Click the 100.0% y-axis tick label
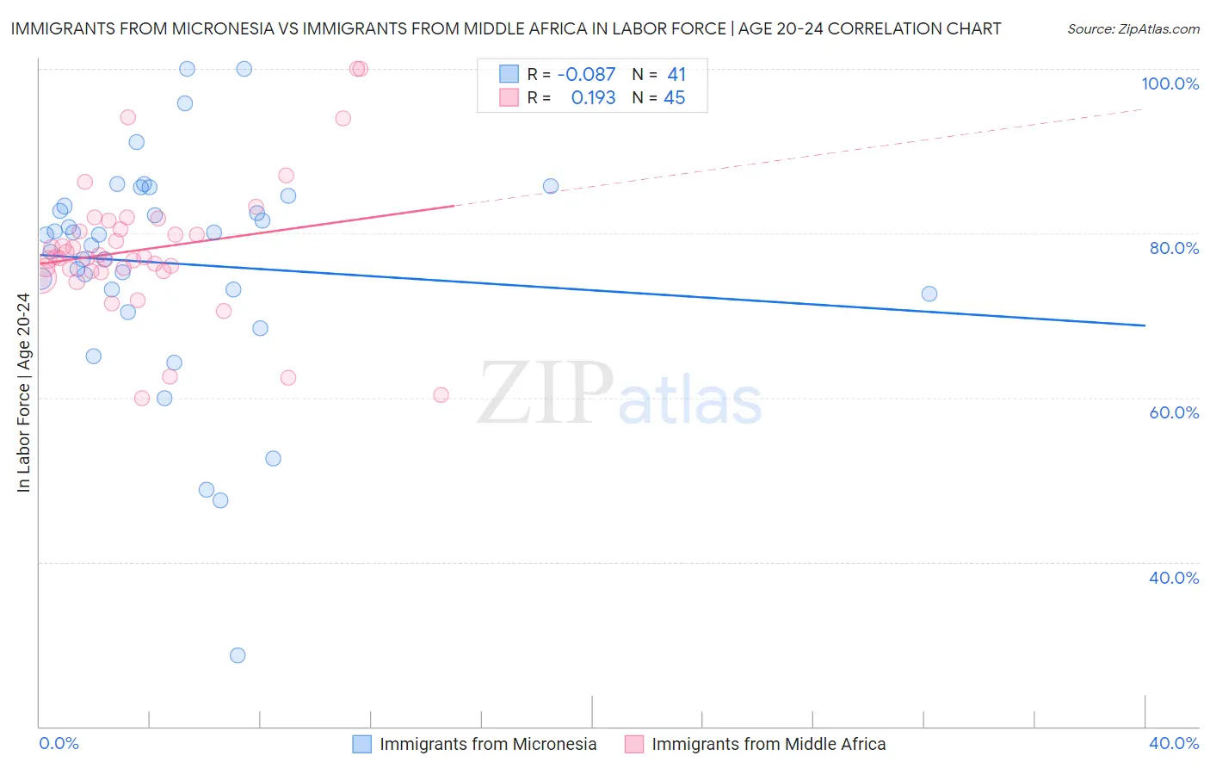pos(1170,84)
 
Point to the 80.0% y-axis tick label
pos(1173,248)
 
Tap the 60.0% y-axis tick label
pos(1173,412)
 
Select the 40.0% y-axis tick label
pos(1173,578)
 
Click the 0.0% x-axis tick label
pos(59,743)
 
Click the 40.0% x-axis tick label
pos(1173,743)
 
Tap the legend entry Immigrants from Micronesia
pos(487,744)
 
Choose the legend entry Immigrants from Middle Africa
pos(768,744)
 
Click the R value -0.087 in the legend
pos(586,75)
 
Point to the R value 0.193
pos(593,98)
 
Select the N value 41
pos(676,75)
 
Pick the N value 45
pos(675,98)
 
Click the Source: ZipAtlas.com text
pos(1133,29)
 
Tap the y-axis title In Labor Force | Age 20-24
pos(24,393)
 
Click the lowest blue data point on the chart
pos(238,655)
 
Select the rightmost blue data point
pos(929,294)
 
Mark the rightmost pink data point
pos(441,395)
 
